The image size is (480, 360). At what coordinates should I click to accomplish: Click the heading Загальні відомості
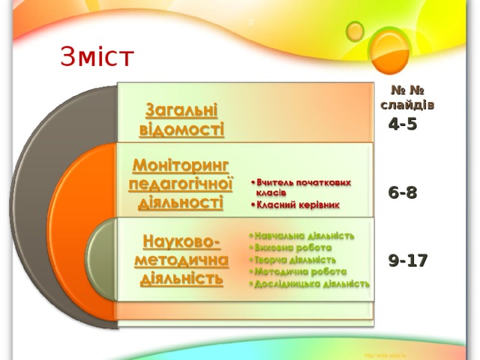[181, 120]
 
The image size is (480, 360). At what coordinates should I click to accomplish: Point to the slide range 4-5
[403, 125]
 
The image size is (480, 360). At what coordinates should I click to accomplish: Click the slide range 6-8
[403, 193]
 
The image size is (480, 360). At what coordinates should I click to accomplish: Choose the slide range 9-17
[408, 261]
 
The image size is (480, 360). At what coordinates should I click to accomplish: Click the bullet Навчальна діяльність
[304, 235]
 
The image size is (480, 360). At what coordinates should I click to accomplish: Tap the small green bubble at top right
[355, 30]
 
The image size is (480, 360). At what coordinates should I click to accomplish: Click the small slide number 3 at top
[250, 20]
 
